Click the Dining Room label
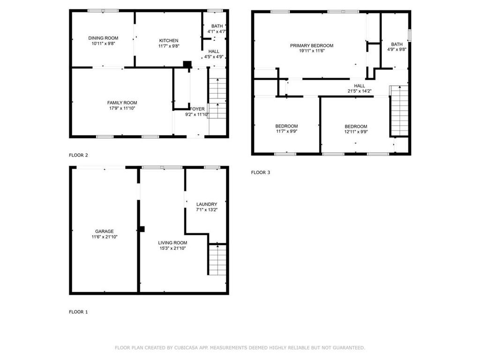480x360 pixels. coord(103,38)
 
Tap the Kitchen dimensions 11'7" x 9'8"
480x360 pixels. coord(168,46)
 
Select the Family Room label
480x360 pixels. coord(122,103)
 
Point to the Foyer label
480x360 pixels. coord(197,109)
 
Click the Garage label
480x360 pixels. coord(104,231)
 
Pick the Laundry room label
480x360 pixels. coord(206,204)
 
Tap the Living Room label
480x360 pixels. coord(172,242)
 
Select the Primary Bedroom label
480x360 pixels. coord(311,45)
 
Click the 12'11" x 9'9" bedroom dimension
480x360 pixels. coord(356,132)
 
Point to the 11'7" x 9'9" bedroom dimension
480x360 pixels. coord(286,132)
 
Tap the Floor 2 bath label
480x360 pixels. coord(217,26)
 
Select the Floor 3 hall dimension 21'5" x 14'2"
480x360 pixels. coord(360,91)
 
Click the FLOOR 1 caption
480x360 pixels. coord(78,312)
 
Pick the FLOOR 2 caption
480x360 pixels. coord(78,155)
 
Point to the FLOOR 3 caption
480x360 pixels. coord(261,172)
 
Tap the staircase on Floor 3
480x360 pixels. coord(399,111)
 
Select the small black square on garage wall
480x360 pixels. coord(142,229)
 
